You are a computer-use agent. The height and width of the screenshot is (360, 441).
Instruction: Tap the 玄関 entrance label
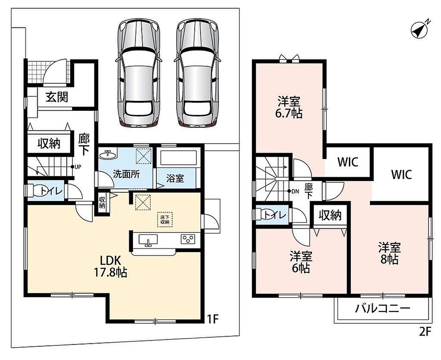click(57, 97)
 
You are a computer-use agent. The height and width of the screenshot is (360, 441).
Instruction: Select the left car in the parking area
click(139, 73)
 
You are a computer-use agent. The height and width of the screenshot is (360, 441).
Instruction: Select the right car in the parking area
click(197, 73)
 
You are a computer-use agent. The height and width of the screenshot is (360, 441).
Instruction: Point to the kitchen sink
click(148, 240)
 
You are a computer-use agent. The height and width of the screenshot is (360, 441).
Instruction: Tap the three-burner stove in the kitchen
click(188, 239)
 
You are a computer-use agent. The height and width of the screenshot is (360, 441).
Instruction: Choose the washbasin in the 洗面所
click(107, 154)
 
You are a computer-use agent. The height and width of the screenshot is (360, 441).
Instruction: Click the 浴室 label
click(175, 178)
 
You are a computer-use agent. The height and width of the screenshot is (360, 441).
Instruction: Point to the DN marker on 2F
click(293, 191)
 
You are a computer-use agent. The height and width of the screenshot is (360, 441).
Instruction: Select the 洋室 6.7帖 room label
click(289, 107)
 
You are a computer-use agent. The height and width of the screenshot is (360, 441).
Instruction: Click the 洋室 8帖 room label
click(389, 253)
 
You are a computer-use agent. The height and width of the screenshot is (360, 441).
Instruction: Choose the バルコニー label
click(382, 309)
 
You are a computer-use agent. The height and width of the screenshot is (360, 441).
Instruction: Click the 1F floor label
click(213, 319)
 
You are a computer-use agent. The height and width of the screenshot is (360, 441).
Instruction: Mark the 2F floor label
click(425, 332)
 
